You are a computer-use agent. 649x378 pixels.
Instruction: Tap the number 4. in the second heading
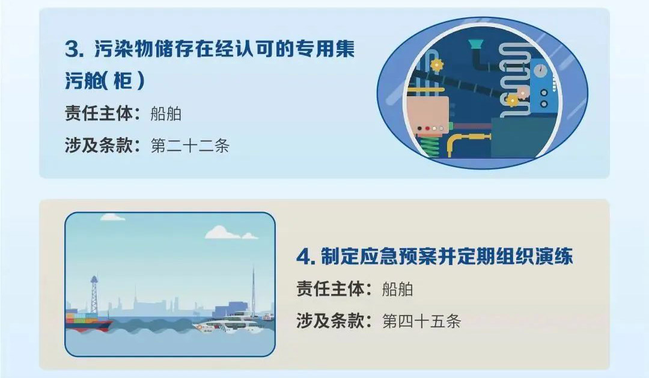[x=306, y=257]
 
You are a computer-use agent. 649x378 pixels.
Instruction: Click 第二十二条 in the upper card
[x=189, y=146]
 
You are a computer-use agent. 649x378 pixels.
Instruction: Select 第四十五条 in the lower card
[x=421, y=322]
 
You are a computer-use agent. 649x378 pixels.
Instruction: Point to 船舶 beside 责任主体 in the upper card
[x=166, y=114]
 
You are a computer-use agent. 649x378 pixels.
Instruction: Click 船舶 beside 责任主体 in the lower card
[x=397, y=290]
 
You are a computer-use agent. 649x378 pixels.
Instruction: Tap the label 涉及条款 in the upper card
[x=99, y=146]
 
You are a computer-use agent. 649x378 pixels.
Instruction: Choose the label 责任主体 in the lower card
[x=331, y=290]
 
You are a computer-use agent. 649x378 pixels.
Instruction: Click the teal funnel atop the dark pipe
[x=476, y=44]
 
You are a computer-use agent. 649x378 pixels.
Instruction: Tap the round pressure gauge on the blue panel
[x=540, y=71]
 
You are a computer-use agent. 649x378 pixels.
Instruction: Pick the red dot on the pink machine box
[x=427, y=129]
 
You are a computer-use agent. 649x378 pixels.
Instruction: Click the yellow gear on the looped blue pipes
[x=437, y=64]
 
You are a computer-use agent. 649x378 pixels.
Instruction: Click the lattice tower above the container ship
[x=94, y=295]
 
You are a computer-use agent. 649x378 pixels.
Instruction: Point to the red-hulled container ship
[x=88, y=322]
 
